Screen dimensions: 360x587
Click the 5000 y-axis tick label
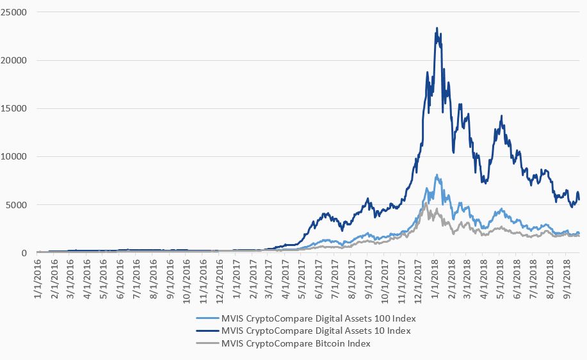(x=15, y=205)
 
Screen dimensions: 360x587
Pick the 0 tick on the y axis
(x=23, y=253)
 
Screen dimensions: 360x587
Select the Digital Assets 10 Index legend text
(x=307, y=331)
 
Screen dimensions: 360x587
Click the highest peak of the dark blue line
(x=437, y=28)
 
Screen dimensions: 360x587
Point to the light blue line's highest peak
(x=437, y=174)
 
